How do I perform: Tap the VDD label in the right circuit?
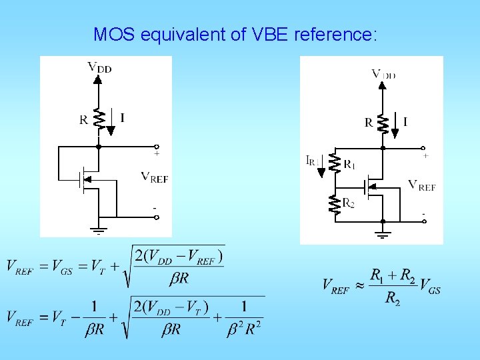click(383, 74)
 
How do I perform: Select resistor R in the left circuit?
click(98, 119)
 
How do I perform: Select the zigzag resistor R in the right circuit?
click(383, 123)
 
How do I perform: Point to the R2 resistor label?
click(348, 203)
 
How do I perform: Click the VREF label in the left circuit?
click(154, 177)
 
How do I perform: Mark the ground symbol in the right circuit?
click(383, 233)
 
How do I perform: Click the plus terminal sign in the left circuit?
click(157, 154)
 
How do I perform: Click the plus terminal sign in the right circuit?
click(425, 156)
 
